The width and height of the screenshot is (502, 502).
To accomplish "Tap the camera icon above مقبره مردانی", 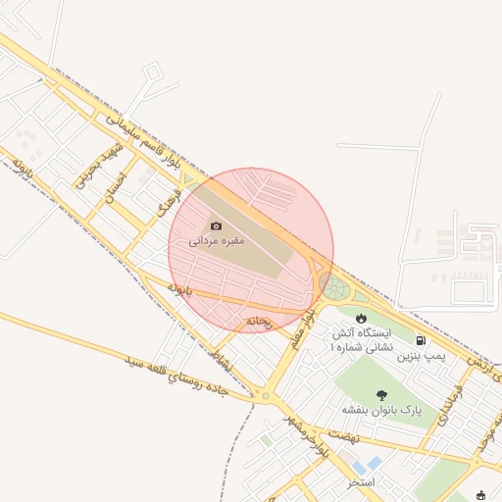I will click(217, 226).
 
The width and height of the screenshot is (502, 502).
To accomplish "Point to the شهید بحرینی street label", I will click(94, 168).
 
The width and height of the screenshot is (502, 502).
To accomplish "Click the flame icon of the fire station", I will click(363, 318).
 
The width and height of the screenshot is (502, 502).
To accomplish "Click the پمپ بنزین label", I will click(421, 358).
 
